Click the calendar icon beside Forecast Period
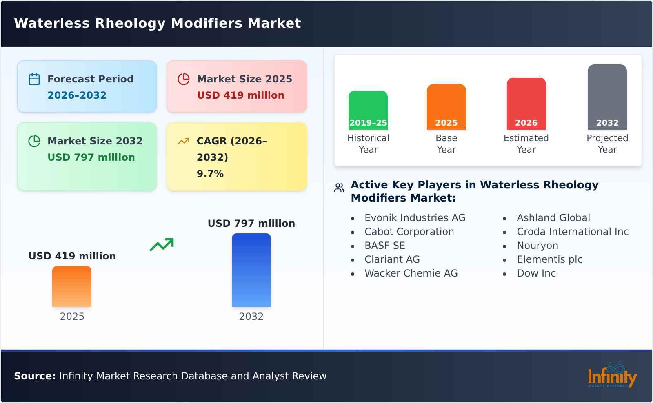(x=34, y=79)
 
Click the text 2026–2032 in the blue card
(x=77, y=95)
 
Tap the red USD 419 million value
(x=240, y=95)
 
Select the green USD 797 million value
(x=91, y=157)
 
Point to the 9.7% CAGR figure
(x=210, y=174)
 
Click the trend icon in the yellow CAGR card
(x=183, y=141)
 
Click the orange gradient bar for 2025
(x=72, y=286)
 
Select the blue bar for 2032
(x=251, y=270)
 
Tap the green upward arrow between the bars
(x=162, y=245)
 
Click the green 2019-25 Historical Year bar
(x=368, y=110)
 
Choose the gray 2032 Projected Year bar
(x=607, y=97)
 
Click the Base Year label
(x=446, y=144)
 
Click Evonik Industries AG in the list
(x=415, y=218)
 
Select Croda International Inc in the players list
(x=572, y=232)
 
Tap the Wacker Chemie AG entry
(x=411, y=273)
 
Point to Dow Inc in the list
(x=536, y=273)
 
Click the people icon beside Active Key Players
(x=339, y=188)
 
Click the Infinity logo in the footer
(x=612, y=375)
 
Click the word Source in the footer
(x=34, y=376)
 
